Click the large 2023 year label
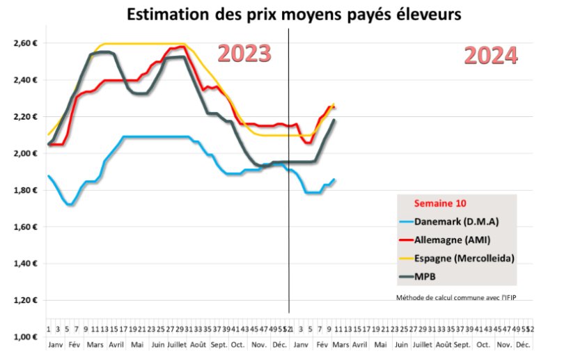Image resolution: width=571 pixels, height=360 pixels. pyautogui.click(x=243, y=54)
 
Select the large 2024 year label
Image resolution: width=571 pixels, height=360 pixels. pyautogui.click(x=490, y=56)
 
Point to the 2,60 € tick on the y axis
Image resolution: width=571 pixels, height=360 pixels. pyautogui.click(x=24, y=43)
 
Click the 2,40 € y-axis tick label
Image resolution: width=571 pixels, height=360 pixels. pyautogui.click(x=24, y=80)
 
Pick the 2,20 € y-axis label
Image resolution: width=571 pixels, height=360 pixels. pyautogui.click(x=24, y=117)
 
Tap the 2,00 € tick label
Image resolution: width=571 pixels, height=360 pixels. pyautogui.click(x=24, y=154)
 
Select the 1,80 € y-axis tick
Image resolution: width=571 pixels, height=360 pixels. pyautogui.click(x=24, y=190)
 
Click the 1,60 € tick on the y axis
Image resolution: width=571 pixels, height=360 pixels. pyautogui.click(x=24, y=227)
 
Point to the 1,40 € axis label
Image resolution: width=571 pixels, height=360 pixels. pyautogui.click(x=24, y=264)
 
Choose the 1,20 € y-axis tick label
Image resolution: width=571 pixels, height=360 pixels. pyautogui.click(x=24, y=301)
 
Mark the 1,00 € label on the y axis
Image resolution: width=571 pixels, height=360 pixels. pyautogui.click(x=24, y=337)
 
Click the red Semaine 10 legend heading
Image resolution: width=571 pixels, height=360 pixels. pyautogui.click(x=440, y=204)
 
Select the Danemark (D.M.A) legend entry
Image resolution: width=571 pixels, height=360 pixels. pyautogui.click(x=456, y=222)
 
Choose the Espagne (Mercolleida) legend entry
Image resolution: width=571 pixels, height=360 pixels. pyautogui.click(x=463, y=258)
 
